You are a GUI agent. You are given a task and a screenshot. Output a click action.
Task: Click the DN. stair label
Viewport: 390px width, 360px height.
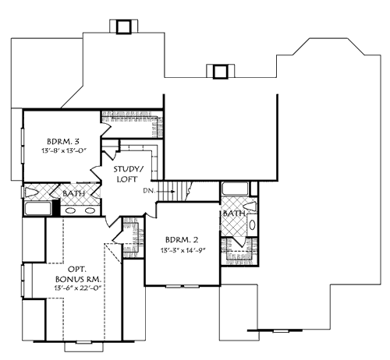click(x=149, y=190)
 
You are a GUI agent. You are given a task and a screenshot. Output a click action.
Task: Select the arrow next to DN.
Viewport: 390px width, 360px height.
click(x=162, y=190)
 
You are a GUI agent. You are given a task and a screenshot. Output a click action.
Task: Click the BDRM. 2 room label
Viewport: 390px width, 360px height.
click(x=182, y=240)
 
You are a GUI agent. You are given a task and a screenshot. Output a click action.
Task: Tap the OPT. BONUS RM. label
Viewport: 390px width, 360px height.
click(x=76, y=273)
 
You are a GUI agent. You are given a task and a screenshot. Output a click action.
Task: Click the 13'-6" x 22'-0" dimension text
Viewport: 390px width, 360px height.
click(x=76, y=288)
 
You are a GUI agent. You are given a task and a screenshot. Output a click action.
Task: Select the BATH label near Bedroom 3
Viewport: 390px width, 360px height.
click(x=76, y=192)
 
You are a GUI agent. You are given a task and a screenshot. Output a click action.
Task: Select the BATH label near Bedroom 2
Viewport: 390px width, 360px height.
click(x=232, y=213)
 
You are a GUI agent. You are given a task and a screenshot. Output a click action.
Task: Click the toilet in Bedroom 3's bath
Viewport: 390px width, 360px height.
click(x=33, y=192)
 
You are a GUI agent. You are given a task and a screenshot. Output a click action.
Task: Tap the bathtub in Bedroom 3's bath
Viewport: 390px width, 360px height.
click(x=39, y=208)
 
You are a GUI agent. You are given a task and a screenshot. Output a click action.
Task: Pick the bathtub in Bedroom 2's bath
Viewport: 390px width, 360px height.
click(x=235, y=189)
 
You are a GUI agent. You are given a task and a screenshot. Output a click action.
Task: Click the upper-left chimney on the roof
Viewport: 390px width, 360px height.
click(x=122, y=27)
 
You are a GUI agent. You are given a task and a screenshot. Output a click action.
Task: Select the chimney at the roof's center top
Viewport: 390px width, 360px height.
click(x=220, y=72)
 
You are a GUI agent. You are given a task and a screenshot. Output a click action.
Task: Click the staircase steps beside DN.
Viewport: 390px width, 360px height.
click(x=182, y=190)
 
